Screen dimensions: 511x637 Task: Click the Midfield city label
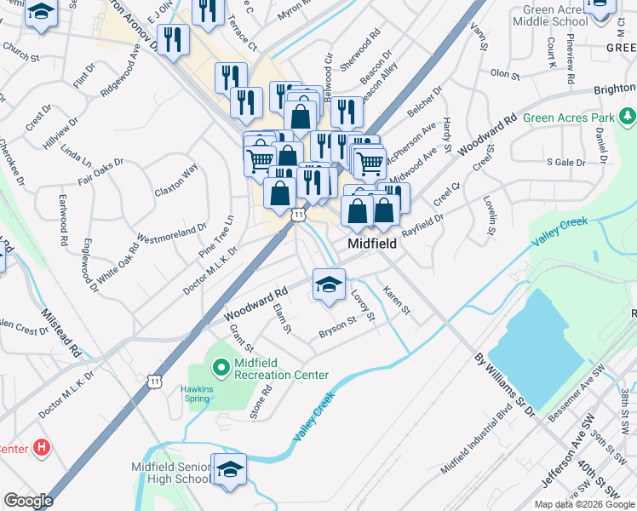click(x=372, y=244)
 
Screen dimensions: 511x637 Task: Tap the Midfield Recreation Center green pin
click(x=220, y=368)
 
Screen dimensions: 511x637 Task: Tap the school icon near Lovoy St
click(x=328, y=284)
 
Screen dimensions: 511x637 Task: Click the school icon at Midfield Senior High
click(x=228, y=472)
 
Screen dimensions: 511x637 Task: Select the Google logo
click(x=27, y=501)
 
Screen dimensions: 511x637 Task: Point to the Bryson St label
click(x=337, y=326)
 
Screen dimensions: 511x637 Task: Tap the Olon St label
click(x=505, y=75)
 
